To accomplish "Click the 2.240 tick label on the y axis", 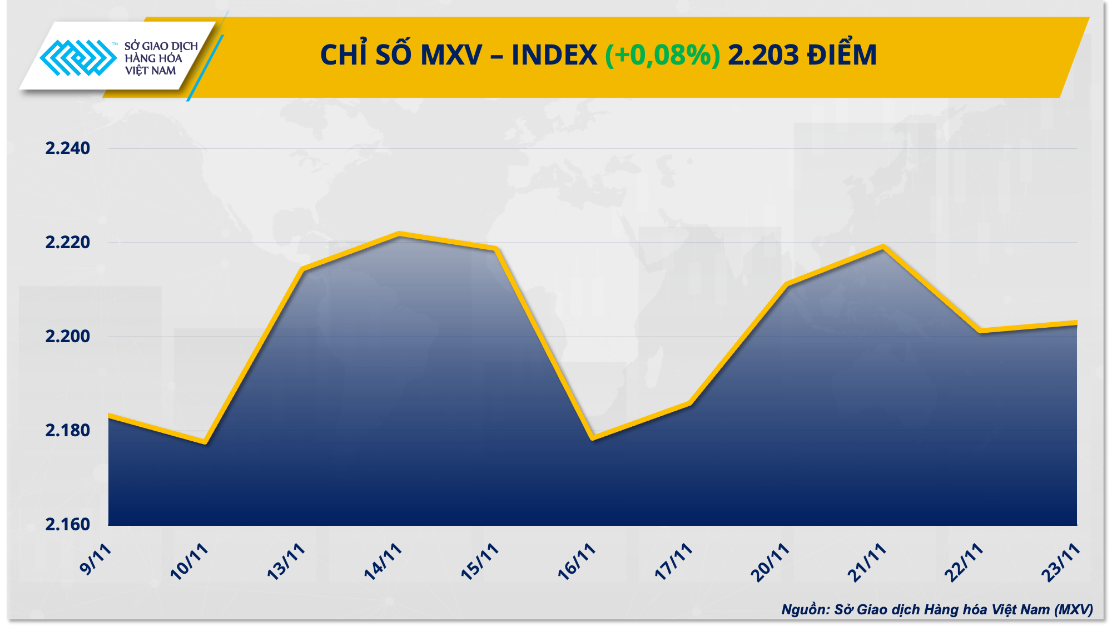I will pyautogui.click(x=67, y=149).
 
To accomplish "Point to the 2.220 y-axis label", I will pyautogui.click(x=67, y=243).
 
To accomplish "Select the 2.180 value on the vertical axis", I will pyautogui.click(x=67, y=431).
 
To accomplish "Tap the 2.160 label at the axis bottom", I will pyautogui.click(x=67, y=525).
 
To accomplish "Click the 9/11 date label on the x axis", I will pyautogui.click(x=96, y=559).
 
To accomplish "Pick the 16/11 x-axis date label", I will pyautogui.click(x=577, y=562).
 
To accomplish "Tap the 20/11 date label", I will pyautogui.click(x=771, y=562).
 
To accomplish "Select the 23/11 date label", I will pyautogui.click(x=1061, y=562).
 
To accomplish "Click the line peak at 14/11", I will pyautogui.click(x=399, y=234).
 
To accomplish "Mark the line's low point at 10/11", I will pyautogui.click(x=205, y=443).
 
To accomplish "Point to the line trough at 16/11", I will pyautogui.click(x=593, y=438).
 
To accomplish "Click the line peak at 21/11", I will pyautogui.click(x=883, y=247).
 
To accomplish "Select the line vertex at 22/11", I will pyautogui.click(x=980, y=331).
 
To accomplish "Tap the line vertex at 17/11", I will pyautogui.click(x=689, y=403).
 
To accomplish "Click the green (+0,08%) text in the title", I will pyautogui.click(x=662, y=55).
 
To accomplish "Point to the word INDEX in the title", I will pyautogui.click(x=554, y=55).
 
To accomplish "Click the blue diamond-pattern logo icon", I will pyautogui.click(x=78, y=57).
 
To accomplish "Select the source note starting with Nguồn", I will pyautogui.click(x=937, y=610).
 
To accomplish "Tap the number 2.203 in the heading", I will pyautogui.click(x=763, y=55).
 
